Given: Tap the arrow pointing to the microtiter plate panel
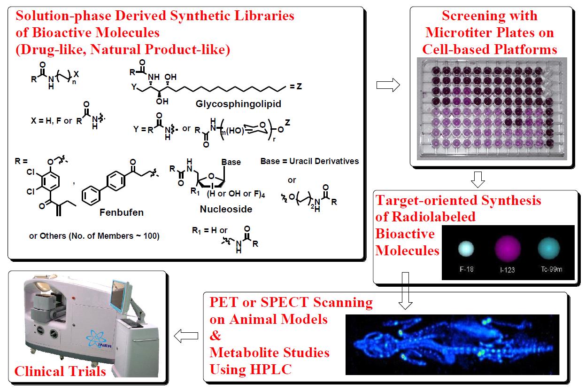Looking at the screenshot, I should tap(387, 85).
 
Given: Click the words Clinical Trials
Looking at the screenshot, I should tap(60, 372).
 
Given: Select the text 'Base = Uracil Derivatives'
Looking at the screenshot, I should tap(309, 161).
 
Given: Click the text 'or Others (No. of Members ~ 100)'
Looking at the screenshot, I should tap(94, 236).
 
